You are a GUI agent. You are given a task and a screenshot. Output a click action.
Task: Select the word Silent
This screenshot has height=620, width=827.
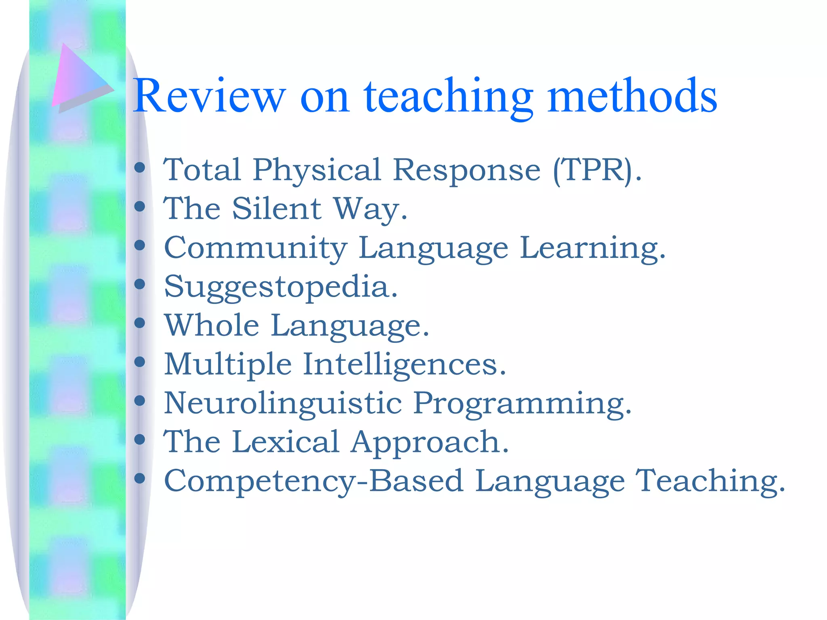click(277, 209)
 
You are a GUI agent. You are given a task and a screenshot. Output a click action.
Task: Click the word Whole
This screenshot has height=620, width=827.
click(212, 325)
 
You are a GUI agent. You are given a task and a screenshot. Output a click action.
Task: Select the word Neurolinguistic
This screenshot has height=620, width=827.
click(283, 403)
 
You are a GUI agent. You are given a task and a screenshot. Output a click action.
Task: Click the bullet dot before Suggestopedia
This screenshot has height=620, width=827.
click(140, 284)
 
